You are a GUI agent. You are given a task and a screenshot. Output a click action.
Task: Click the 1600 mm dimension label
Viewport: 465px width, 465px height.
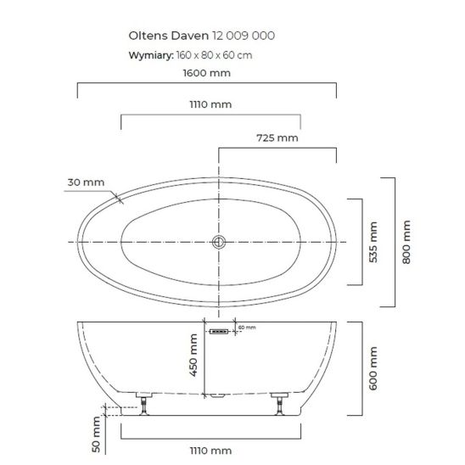click(207, 73)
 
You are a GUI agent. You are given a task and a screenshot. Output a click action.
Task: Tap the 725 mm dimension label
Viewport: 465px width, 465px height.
click(277, 138)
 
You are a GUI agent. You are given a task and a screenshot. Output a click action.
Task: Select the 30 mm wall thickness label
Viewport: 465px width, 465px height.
click(86, 182)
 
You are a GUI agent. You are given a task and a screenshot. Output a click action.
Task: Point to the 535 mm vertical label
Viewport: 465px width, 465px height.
click(373, 242)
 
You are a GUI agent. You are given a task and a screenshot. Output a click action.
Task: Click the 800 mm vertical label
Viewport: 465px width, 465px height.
click(406, 242)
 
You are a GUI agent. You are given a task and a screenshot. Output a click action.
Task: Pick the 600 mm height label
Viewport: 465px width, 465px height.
click(373, 368)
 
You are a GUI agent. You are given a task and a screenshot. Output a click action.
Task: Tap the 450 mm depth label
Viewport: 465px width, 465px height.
click(193, 356)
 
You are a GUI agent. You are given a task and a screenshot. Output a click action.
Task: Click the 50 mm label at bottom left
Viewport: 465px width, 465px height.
click(97, 434)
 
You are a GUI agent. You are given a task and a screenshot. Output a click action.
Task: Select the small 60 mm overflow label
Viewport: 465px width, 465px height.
click(247, 328)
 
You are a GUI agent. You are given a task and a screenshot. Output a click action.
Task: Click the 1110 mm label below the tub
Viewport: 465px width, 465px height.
click(210, 451)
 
